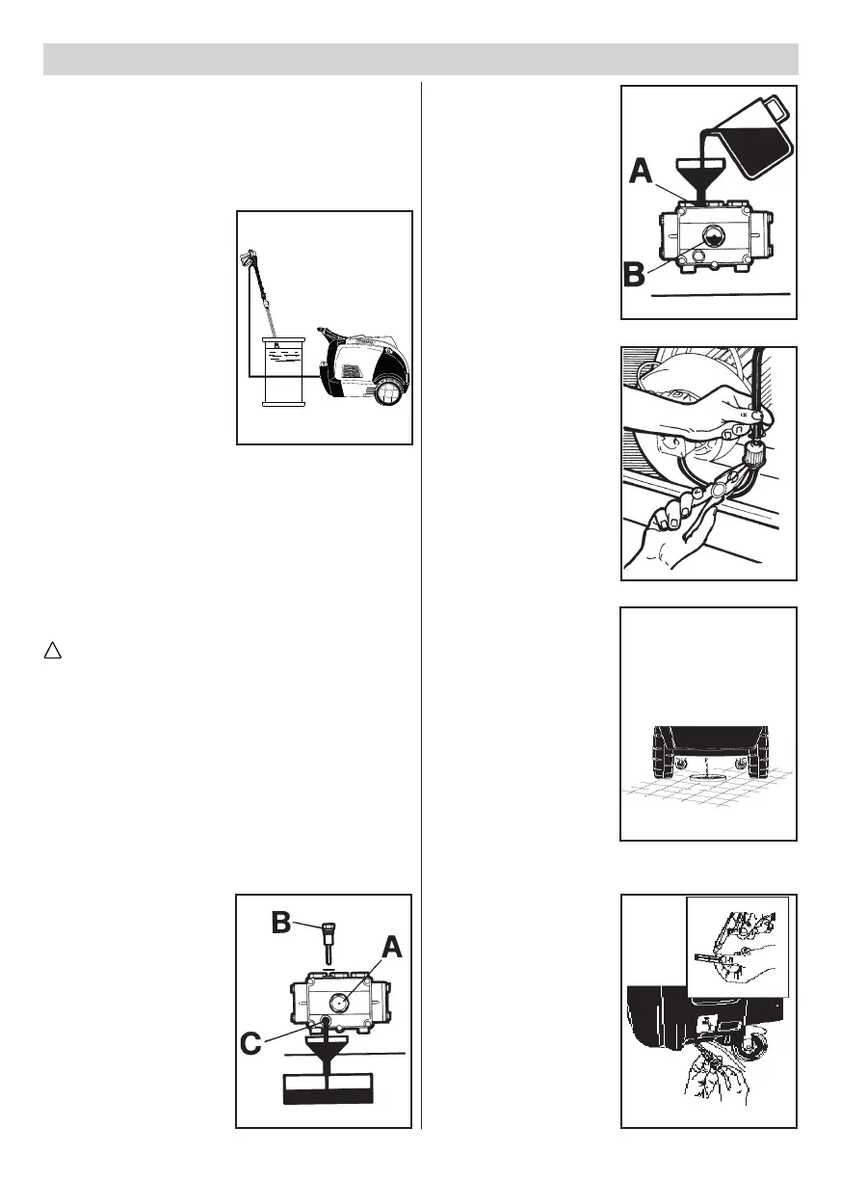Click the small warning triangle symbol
point(51,653)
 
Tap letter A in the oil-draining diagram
point(390,950)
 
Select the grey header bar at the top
point(421,59)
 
